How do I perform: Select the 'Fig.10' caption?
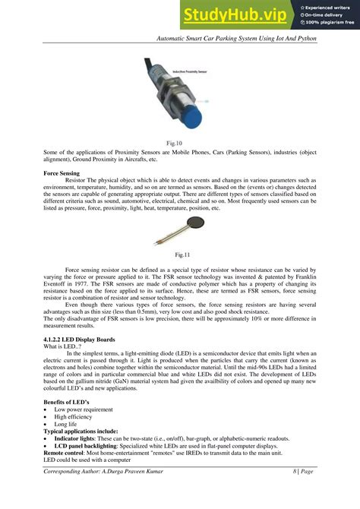[x=180, y=142]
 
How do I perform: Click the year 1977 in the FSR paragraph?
[x=84, y=283]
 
